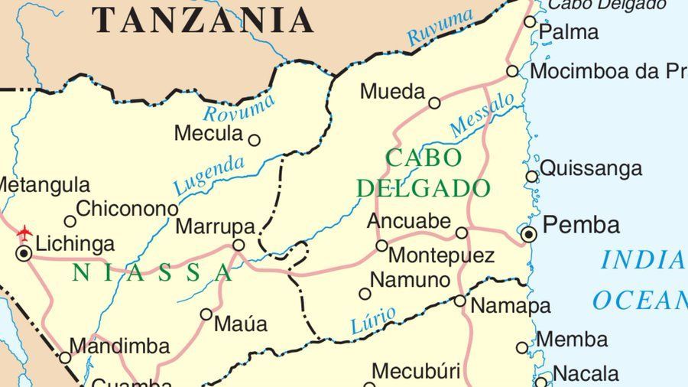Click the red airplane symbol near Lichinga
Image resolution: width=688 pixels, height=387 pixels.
pyautogui.click(x=25, y=231)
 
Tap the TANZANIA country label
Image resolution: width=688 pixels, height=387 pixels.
pyautogui.click(x=203, y=20)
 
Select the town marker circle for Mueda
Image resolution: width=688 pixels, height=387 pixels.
pyautogui.click(x=434, y=102)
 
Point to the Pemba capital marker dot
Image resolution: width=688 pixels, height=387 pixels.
pyautogui.click(x=528, y=234)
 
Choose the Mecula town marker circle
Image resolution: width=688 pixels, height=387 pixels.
pyautogui.click(x=255, y=140)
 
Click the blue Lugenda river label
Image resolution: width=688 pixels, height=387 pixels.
pyautogui.click(x=209, y=175)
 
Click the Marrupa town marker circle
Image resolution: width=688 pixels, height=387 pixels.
pyautogui.click(x=239, y=246)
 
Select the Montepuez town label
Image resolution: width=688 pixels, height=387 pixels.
pyautogui.click(x=441, y=255)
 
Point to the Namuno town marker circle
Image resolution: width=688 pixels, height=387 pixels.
pyautogui.click(x=365, y=294)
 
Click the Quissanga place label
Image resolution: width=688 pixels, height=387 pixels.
pyautogui.click(x=591, y=168)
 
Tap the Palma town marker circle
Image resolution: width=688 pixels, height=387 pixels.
pyautogui.click(x=530, y=21)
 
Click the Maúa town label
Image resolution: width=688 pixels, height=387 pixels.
pyautogui.click(x=241, y=324)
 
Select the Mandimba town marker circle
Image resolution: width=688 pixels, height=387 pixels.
pyautogui.click(x=65, y=357)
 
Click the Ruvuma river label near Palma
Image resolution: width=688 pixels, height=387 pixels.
pyautogui.click(x=440, y=28)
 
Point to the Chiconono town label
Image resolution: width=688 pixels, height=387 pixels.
pyautogui.click(x=127, y=208)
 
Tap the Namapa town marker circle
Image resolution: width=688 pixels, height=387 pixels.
pyautogui.click(x=459, y=301)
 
